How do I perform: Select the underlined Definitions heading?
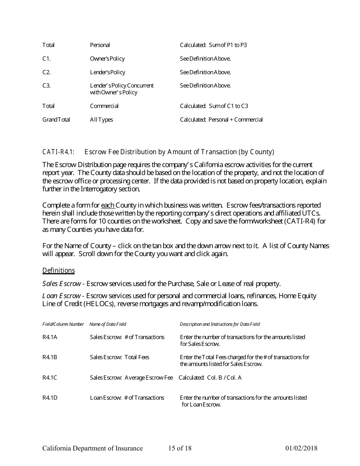point(58,271)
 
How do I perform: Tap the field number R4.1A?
point(50,337)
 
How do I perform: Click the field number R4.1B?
point(50,357)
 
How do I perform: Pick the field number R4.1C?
point(50,377)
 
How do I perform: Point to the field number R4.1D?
point(50,397)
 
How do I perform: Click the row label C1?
point(46,59)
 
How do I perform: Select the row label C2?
point(46,72)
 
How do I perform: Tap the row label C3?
point(46,86)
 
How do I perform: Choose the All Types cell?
point(101,120)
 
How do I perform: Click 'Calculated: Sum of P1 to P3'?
point(213,45)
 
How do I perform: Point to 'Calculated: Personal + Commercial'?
point(221,120)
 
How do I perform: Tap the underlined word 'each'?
point(108,205)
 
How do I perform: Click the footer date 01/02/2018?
point(301,449)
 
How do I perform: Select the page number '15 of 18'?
point(180,449)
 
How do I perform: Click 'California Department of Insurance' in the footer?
point(92,449)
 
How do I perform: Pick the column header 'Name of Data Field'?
point(108,324)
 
